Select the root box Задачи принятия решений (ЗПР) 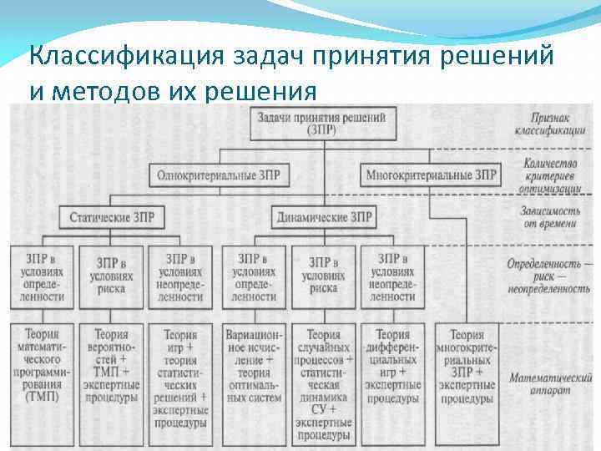point(322,124)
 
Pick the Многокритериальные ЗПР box point(432,176)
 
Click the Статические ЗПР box point(111,217)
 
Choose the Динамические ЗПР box point(323,217)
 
